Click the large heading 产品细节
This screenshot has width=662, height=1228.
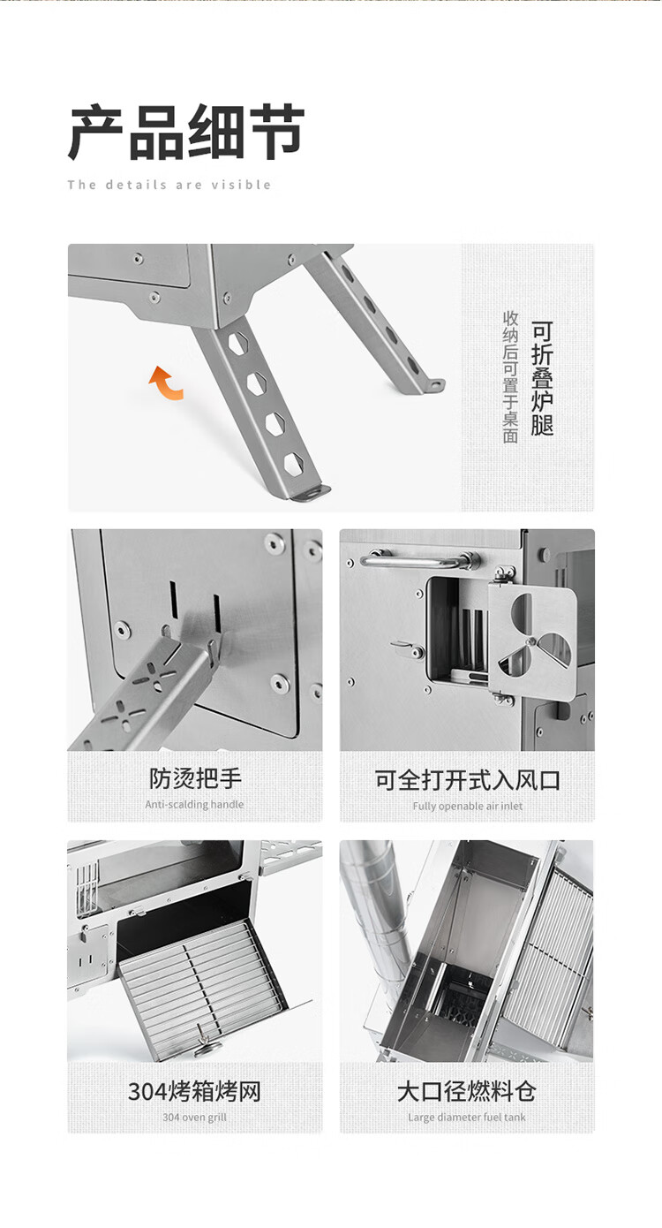(186, 133)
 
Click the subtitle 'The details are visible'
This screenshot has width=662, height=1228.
(169, 185)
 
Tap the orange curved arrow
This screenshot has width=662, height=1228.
(166, 383)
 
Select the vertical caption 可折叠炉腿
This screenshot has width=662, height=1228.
(542, 378)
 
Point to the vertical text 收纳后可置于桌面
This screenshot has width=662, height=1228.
(510, 376)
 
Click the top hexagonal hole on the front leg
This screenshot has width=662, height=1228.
(238, 343)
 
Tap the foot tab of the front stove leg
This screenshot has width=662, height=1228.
(312, 492)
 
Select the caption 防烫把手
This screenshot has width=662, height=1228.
(195, 778)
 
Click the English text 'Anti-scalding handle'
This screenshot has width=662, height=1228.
(194, 804)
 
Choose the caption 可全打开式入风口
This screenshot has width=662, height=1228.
(467, 779)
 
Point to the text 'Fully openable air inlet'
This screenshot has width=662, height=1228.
(467, 806)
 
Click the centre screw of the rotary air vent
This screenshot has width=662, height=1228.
(529, 641)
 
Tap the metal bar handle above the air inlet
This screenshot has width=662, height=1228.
(420, 561)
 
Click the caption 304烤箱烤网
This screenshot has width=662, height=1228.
(194, 1091)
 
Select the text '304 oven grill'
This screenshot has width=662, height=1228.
(194, 1117)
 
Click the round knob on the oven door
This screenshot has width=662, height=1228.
(207, 1048)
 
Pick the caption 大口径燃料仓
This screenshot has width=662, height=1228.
(467, 1091)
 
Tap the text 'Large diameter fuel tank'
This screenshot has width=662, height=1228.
(467, 1117)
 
